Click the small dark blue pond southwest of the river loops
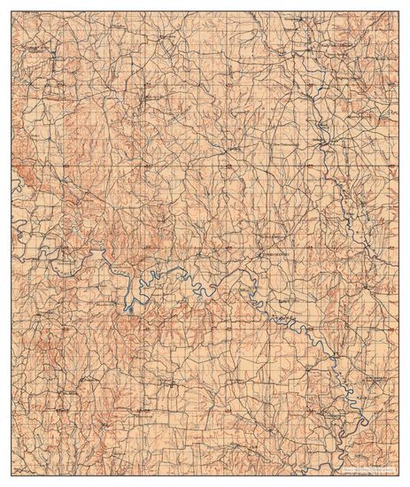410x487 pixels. (129, 309)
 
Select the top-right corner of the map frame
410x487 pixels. (398, 12)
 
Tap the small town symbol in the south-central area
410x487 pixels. (142, 409)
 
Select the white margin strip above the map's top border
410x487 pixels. (205, 5)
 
